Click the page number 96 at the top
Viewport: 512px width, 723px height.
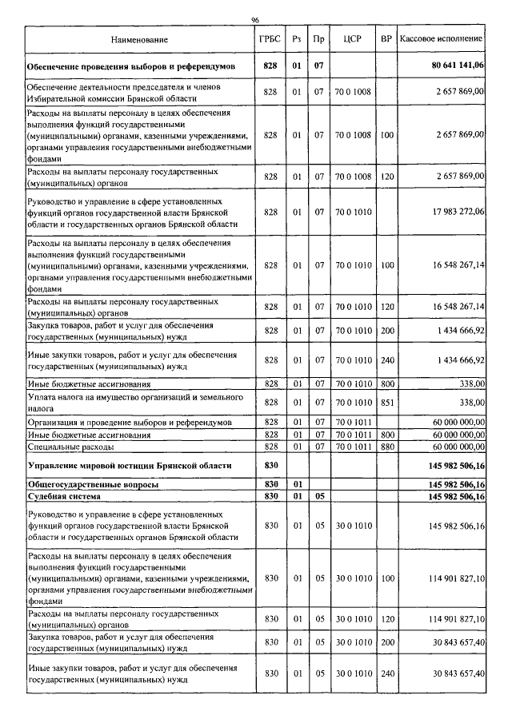click(x=255, y=20)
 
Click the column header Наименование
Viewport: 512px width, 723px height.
click(x=139, y=38)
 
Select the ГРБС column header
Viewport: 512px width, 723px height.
click(x=270, y=38)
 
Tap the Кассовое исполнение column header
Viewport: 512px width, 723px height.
click(x=441, y=38)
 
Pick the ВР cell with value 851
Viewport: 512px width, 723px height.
click(x=387, y=403)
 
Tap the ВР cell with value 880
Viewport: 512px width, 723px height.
click(x=387, y=446)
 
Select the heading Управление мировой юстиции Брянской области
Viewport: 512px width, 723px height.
click(x=129, y=465)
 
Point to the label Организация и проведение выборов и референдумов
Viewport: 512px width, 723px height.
click(x=129, y=421)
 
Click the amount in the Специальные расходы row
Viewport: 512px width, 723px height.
click(x=450, y=446)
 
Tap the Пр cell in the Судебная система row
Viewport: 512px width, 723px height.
click(x=318, y=497)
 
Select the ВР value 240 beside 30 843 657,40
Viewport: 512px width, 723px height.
click(x=387, y=674)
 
